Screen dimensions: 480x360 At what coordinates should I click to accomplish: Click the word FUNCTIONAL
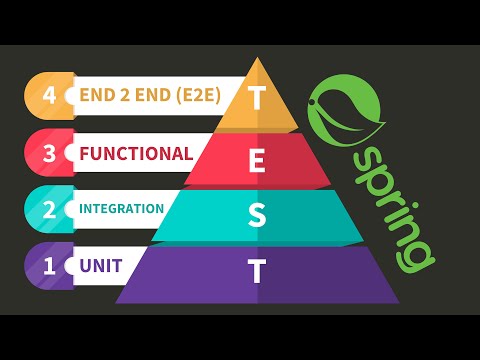(136, 153)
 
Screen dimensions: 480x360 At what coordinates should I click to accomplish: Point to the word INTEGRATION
(121, 209)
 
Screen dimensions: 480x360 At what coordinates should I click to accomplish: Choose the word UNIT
(101, 266)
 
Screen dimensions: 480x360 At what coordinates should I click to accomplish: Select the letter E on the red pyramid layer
(258, 158)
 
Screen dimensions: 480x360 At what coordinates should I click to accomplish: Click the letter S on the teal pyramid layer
(258, 214)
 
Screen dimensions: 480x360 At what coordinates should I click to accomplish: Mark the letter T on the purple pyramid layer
(258, 270)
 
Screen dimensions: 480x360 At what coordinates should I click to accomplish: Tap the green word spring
(392, 206)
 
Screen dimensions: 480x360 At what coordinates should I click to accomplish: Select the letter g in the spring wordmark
(414, 255)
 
